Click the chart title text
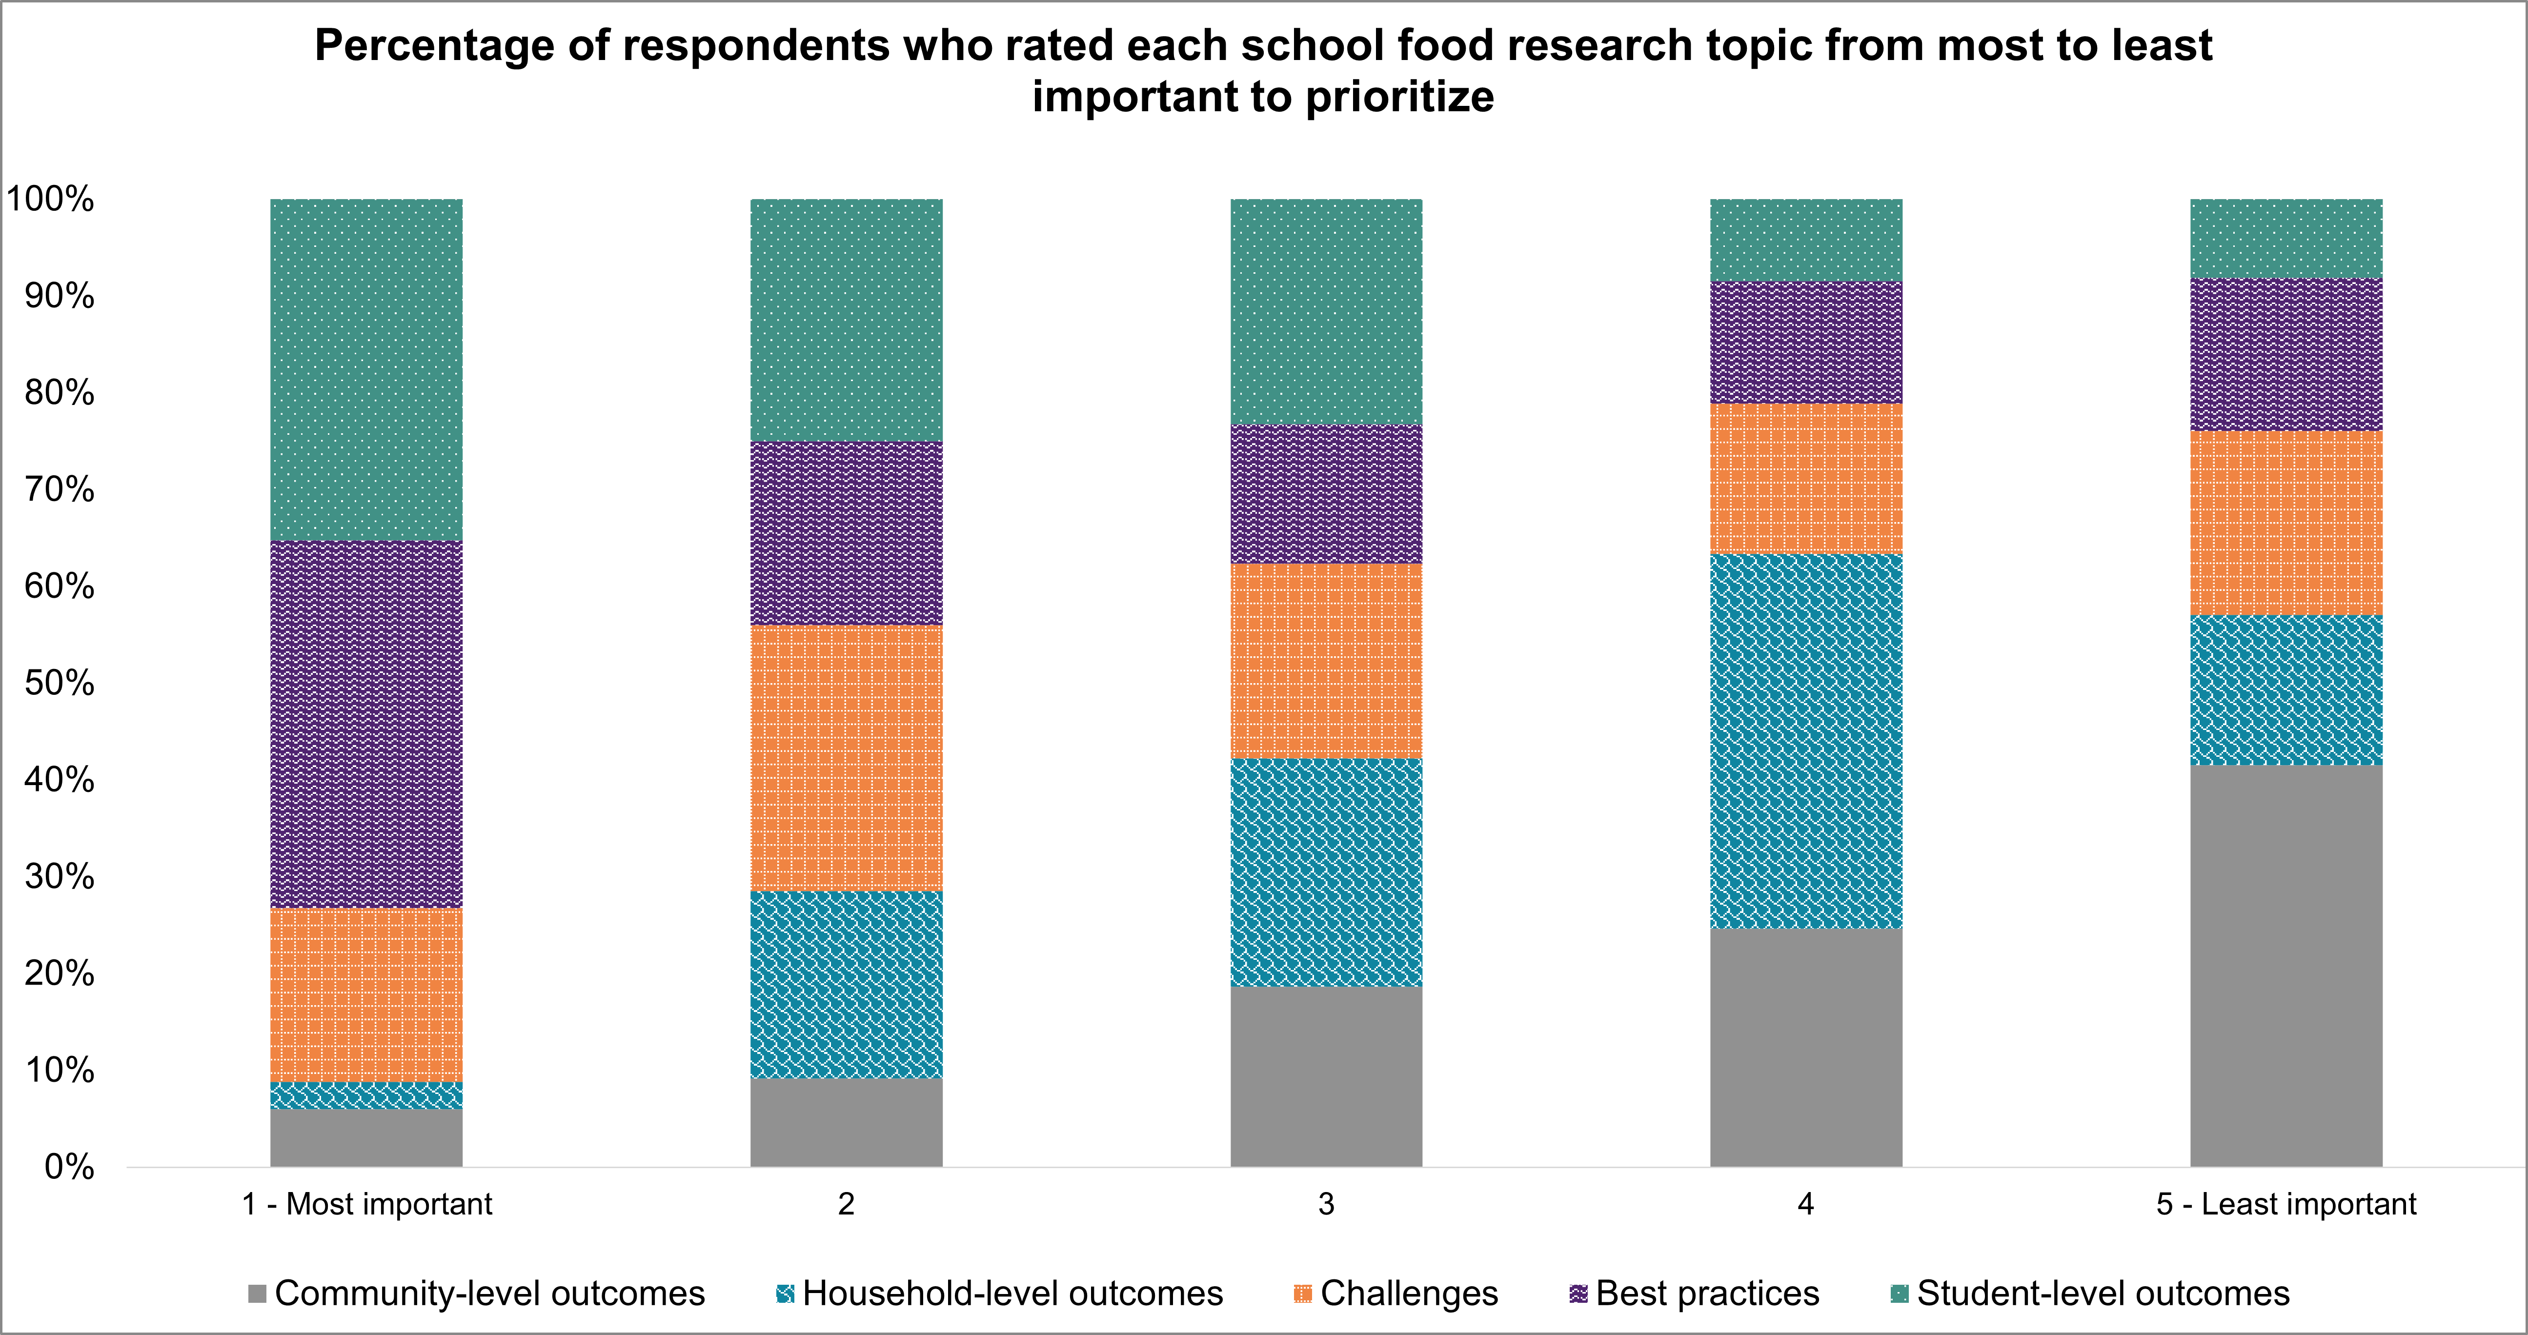coord(1263,71)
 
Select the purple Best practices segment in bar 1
coord(366,725)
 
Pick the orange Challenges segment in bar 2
coord(846,758)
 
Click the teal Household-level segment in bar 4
coord(1806,741)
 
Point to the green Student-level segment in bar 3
coord(1326,311)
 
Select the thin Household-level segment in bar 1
coord(366,1095)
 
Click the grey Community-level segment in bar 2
coord(846,1123)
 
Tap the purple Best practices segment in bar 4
coord(1806,343)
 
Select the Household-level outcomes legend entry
coord(999,1294)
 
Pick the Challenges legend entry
coord(1396,1294)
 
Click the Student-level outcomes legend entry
coord(2090,1294)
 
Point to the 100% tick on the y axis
coord(51,199)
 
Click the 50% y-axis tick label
coord(59,683)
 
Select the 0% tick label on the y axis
coord(69,1167)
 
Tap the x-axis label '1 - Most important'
coord(367,1204)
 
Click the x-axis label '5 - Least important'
coord(2285,1204)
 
